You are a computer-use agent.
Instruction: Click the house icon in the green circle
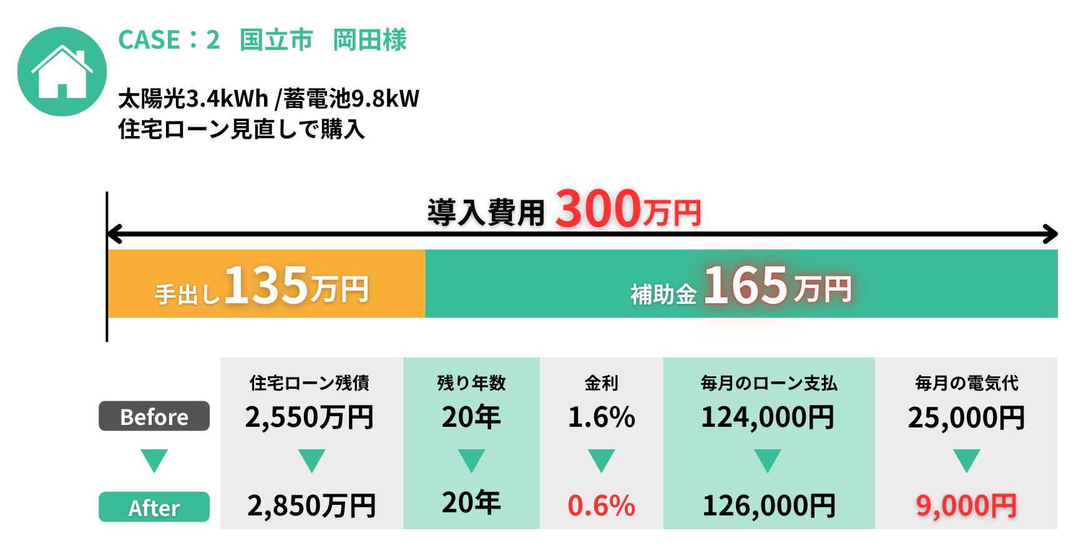[x=62, y=72]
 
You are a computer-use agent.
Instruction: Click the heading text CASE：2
[x=169, y=40]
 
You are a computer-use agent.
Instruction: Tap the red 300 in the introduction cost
[x=597, y=208]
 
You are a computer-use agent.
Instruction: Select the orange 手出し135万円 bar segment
[x=266, y=285]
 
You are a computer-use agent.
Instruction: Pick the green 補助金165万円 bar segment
[x=741, y=285]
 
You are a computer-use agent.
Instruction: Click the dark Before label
[x=154, y=416]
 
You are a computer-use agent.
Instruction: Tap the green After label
[x=154, y=507]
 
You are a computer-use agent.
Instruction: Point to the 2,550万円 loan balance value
[x=310, y=417]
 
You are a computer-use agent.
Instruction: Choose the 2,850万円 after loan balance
[x=311, y=505]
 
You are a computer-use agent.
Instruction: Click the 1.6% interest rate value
[x=601, y=417]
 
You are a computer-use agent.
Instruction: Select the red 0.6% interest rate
[x=601, y=505]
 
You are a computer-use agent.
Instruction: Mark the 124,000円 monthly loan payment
[x=768, y=417]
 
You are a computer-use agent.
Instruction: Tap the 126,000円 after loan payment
[x=769, y=505]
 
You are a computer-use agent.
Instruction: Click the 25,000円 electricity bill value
[x=966, y=417]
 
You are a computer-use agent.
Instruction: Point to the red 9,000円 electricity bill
[x=966, y=505]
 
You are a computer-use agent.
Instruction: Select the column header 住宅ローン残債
[x=310, y=383]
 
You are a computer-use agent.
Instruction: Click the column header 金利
[x=601, y=383]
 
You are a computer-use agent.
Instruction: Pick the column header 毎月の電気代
[x=966, y=383]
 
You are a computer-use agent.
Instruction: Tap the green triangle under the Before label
[x=154, y=461]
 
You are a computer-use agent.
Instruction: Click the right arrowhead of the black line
[x=1051, y=234]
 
